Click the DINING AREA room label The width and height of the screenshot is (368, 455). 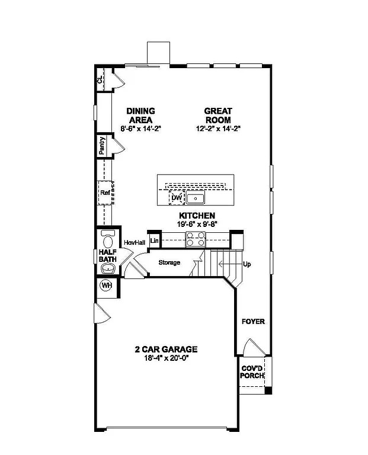(x=140, y=115)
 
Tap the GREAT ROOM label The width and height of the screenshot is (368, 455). (x=218, y=115)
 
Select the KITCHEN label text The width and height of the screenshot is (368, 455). (x=197, y=216)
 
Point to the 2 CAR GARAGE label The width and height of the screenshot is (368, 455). (x=165, y=350)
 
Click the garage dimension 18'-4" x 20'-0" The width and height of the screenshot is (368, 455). (x=165, y=358)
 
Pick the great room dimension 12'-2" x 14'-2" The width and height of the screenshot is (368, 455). (x=218, y=128)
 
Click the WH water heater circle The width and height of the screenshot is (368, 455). (x=107, y=286)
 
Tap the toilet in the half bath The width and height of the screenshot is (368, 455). (x=108, y=240)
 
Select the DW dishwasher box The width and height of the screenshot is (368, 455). (x=176, y=198)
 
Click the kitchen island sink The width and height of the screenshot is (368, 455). (x=196, y=198)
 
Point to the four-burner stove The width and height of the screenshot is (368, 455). (x=196, y=239)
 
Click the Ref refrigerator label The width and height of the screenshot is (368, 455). (x=105, y=193)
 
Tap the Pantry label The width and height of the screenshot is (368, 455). (x=103, y=146)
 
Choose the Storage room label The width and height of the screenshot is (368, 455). (x=169, y=262)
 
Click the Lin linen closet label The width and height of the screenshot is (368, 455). (x=154, y=241)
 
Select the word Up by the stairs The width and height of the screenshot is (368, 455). (x=247, y=264)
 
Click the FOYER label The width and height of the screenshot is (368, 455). (x=253, y=322)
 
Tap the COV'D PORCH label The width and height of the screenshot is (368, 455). (x=252, y=372)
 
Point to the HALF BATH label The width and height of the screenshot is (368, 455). (x=107, y=255)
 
